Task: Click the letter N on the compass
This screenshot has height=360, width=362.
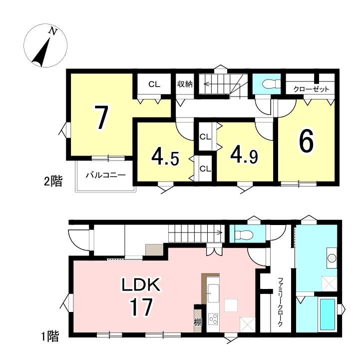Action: tap(53, 31)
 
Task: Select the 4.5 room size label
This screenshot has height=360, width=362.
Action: tap(165, 157)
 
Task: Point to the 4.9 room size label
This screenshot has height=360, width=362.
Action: tap(244, 155)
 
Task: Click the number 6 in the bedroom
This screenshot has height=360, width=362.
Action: tap(307, 140)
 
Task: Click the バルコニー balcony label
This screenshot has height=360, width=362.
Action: tap(106, 175)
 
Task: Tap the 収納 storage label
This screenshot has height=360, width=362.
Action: tap(185, 84)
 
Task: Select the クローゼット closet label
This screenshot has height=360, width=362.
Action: tap(311, 89)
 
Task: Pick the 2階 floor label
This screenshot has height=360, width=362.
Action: tap(53, 181)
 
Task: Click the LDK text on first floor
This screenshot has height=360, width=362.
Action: tap(141, 284)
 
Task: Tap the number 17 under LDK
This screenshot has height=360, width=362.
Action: tap(141, 306)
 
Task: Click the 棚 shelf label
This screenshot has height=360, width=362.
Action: tap(198, 322)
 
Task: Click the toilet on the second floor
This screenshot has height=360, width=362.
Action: tap(271, 83)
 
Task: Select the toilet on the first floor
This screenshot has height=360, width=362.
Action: tap(243, 235)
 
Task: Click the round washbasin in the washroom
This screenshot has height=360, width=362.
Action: tap(332, 258)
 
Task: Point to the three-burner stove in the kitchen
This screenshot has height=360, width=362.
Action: tap(213, 319)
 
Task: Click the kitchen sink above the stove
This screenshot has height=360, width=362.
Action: tap(213, 293)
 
